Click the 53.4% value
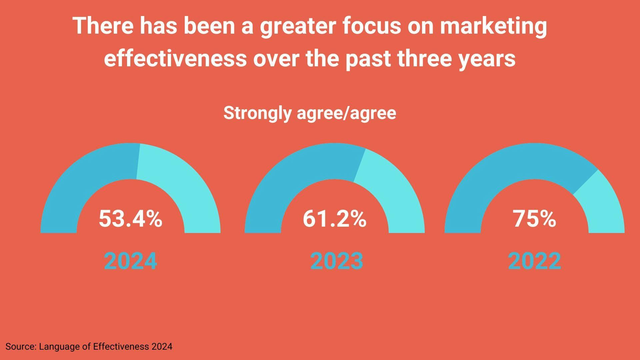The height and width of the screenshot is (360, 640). tap(130, 219)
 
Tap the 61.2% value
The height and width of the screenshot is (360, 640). tap(334, 219)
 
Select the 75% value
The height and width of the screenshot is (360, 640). tap(534, 219)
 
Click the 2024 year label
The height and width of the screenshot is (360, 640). tap(130, 261)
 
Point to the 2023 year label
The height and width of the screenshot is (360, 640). tap(337, 261)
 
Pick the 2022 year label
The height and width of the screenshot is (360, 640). tap(534, 261)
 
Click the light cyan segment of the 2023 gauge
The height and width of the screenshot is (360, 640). tap(393, 193)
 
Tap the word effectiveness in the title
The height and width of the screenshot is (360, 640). tap(175, 59)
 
